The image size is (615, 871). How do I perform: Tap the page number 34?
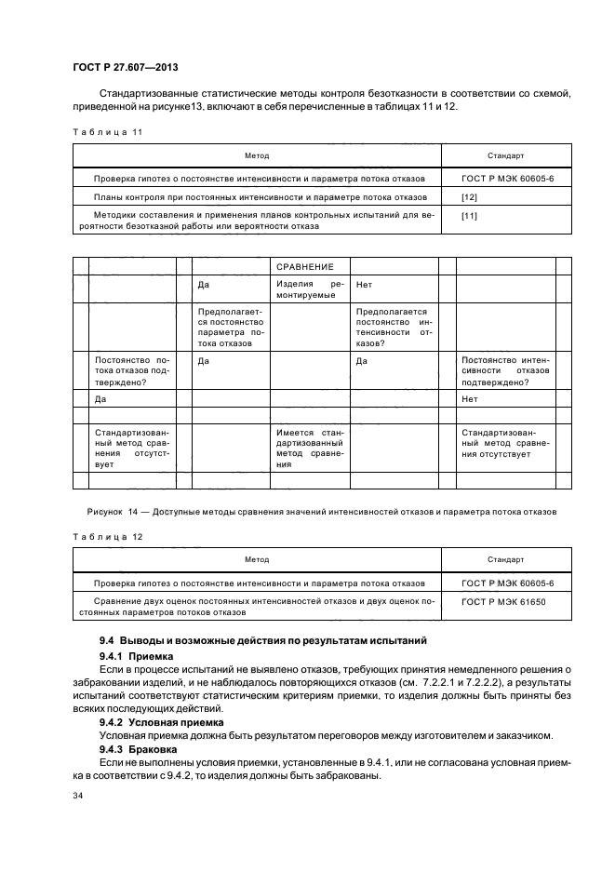click(x=79, y=796)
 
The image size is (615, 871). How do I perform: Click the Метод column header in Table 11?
click(x=257, y=156)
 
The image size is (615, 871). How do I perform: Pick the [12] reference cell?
click(x=470, y=198)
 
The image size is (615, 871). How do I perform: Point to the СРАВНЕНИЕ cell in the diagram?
click(x=311, y=267)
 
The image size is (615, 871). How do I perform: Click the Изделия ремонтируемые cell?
click(x=311, y=289)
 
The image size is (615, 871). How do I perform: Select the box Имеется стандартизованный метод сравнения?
click(x=311, y=449)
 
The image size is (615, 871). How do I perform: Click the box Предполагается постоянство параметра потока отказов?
click(x=231, y=328)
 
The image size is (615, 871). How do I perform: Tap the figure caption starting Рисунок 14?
click(x=321, y=512)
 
